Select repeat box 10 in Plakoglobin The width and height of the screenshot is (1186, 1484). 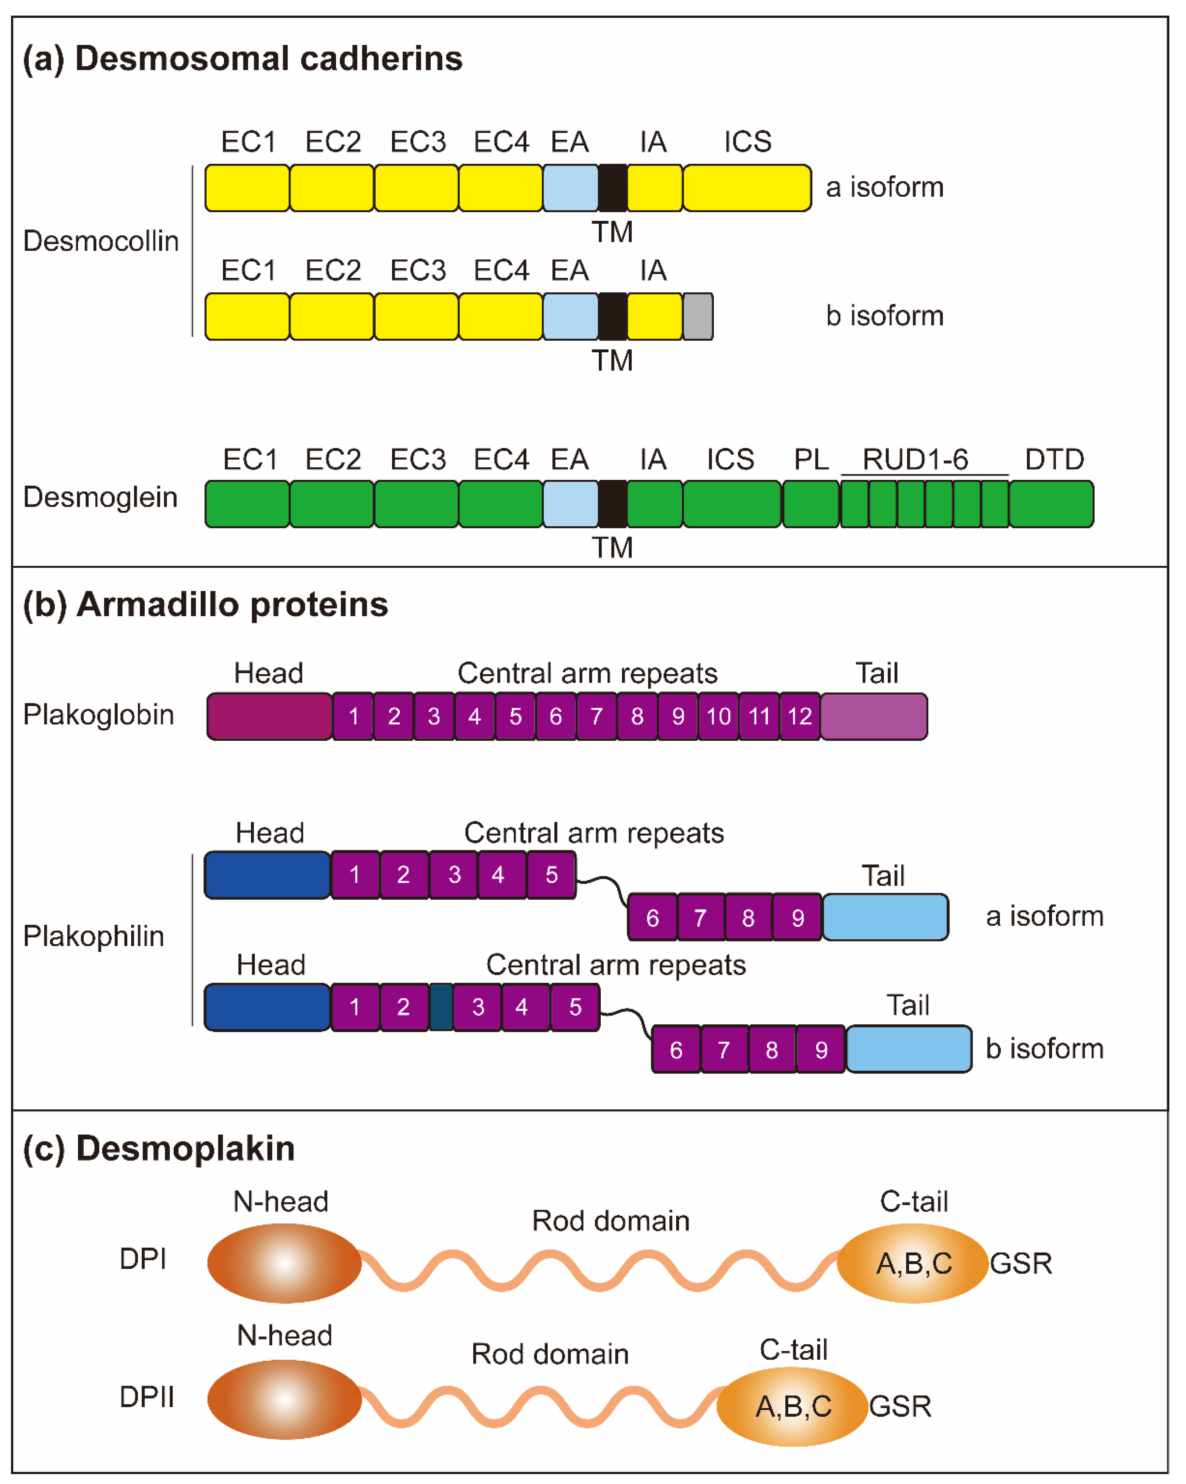click(718, 717)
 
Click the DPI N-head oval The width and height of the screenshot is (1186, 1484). click(284, 1263)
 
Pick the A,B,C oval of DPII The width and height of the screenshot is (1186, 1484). click(793, 1406)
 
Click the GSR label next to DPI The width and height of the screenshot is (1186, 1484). click(1021, 1264)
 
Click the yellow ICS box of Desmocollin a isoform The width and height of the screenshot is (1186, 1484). click(747, 188)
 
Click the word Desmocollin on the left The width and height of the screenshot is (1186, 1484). click(101, 241)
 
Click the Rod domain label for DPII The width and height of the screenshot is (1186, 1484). click(550, 1354)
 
